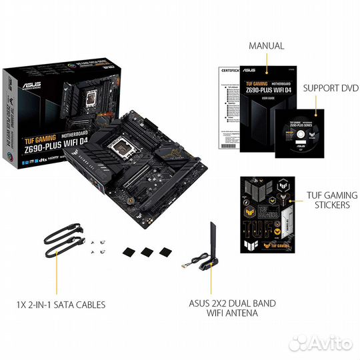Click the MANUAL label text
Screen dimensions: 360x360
[x=266, y=46]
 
